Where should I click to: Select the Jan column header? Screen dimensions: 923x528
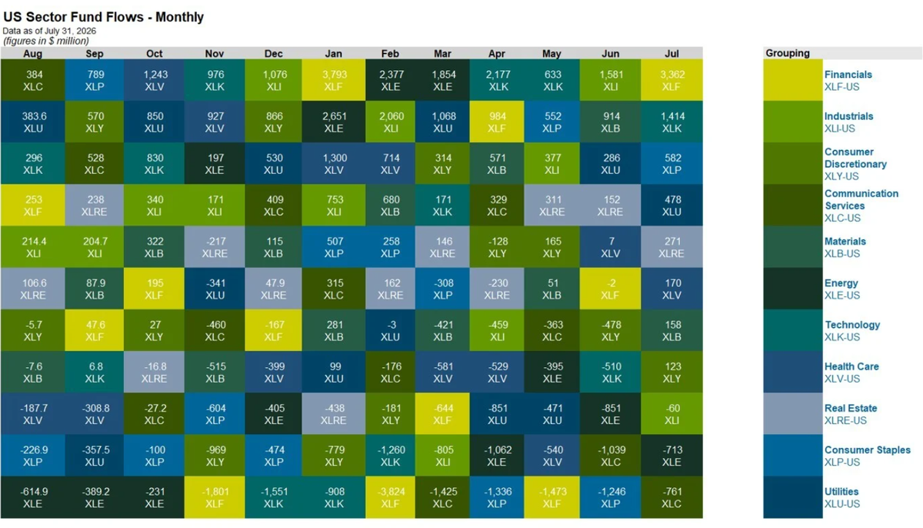pyautogui.click(x=333, y=54)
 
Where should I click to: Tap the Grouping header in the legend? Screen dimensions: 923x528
pyautogui.click(x=788, y=53)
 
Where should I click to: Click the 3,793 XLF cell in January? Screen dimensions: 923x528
pyautogui.click(x=333, y=80)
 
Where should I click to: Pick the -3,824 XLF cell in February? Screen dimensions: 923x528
pyautogui.click(x=390, y=497)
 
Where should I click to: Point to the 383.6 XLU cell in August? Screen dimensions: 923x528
pyautogui.click(x=33, y=122)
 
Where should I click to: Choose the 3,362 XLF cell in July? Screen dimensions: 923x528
pyautogui.click(x=671, y=80)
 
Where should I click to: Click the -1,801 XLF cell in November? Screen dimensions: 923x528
pyautogui.click(x=215, y=497)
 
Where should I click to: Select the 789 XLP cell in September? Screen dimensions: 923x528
pyautogui.click(x=95, y=80)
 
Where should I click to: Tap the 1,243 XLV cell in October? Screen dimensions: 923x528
pyautogui.click(x=154, y=80)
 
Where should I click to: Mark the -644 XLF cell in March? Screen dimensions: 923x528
pyautogui.click(x=442, y=414)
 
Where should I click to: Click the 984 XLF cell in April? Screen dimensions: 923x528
pyautogui.click(x=497, y=122)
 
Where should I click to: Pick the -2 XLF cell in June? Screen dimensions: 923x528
pyautogui.click(x=610, y=289)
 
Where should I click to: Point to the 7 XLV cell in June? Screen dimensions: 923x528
pyautogui.click(x=610, y=247)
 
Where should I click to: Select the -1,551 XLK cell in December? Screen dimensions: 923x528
pyautogui.click(x=274, y=497)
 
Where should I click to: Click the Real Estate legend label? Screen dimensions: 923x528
pyautogui.click(x=851, y=408)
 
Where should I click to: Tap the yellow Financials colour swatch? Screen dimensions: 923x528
pyautogui.click(x=793, y=80)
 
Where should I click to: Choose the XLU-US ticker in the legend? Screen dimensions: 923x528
pyautogui.click(x=841, y=503)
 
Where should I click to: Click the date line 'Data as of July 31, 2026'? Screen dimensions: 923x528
pyautogui.click(x=49, y=31)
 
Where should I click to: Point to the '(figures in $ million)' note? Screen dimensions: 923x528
pyautogui.click(x=46, y=41)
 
